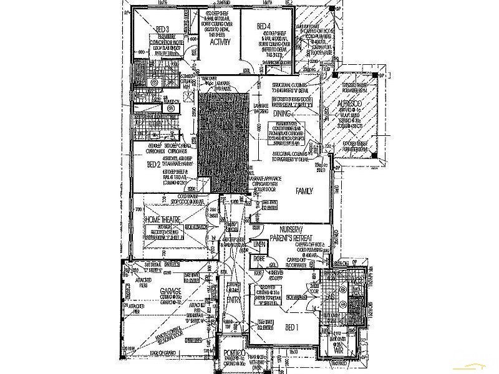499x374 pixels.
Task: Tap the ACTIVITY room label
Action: [x=221, y=43]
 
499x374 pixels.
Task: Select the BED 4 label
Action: [x=264, y=26]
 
